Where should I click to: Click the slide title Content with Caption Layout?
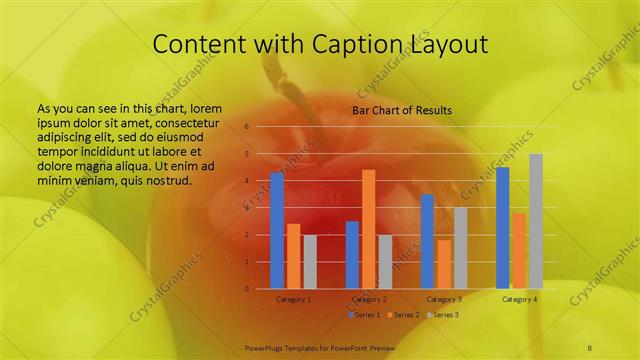(x=320, y=44)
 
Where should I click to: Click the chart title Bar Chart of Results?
(x=401, y=109)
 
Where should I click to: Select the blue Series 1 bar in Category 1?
(x=277, y=231)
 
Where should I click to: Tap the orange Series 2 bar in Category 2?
(x=369, y=229)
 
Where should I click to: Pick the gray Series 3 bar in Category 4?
(x=536, y=221)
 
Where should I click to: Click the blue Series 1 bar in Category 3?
(x=427, y=241)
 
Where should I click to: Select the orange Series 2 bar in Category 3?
(x=444, y=264)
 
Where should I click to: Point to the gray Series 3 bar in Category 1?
(x=310, y=262)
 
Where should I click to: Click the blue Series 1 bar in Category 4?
(x=503, y=228)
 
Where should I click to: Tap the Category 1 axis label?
(x=293, y=299)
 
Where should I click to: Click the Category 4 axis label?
(x=519, y=299)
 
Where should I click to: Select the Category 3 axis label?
(x=444, y=299)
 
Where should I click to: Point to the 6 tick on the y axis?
(x=247, y=128)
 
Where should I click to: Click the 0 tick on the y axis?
(x=247, y=289)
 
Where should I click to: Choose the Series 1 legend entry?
(x=365, y=315)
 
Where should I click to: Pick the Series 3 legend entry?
(x=444, y=315)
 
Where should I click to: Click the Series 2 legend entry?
(x=404, y=315)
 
